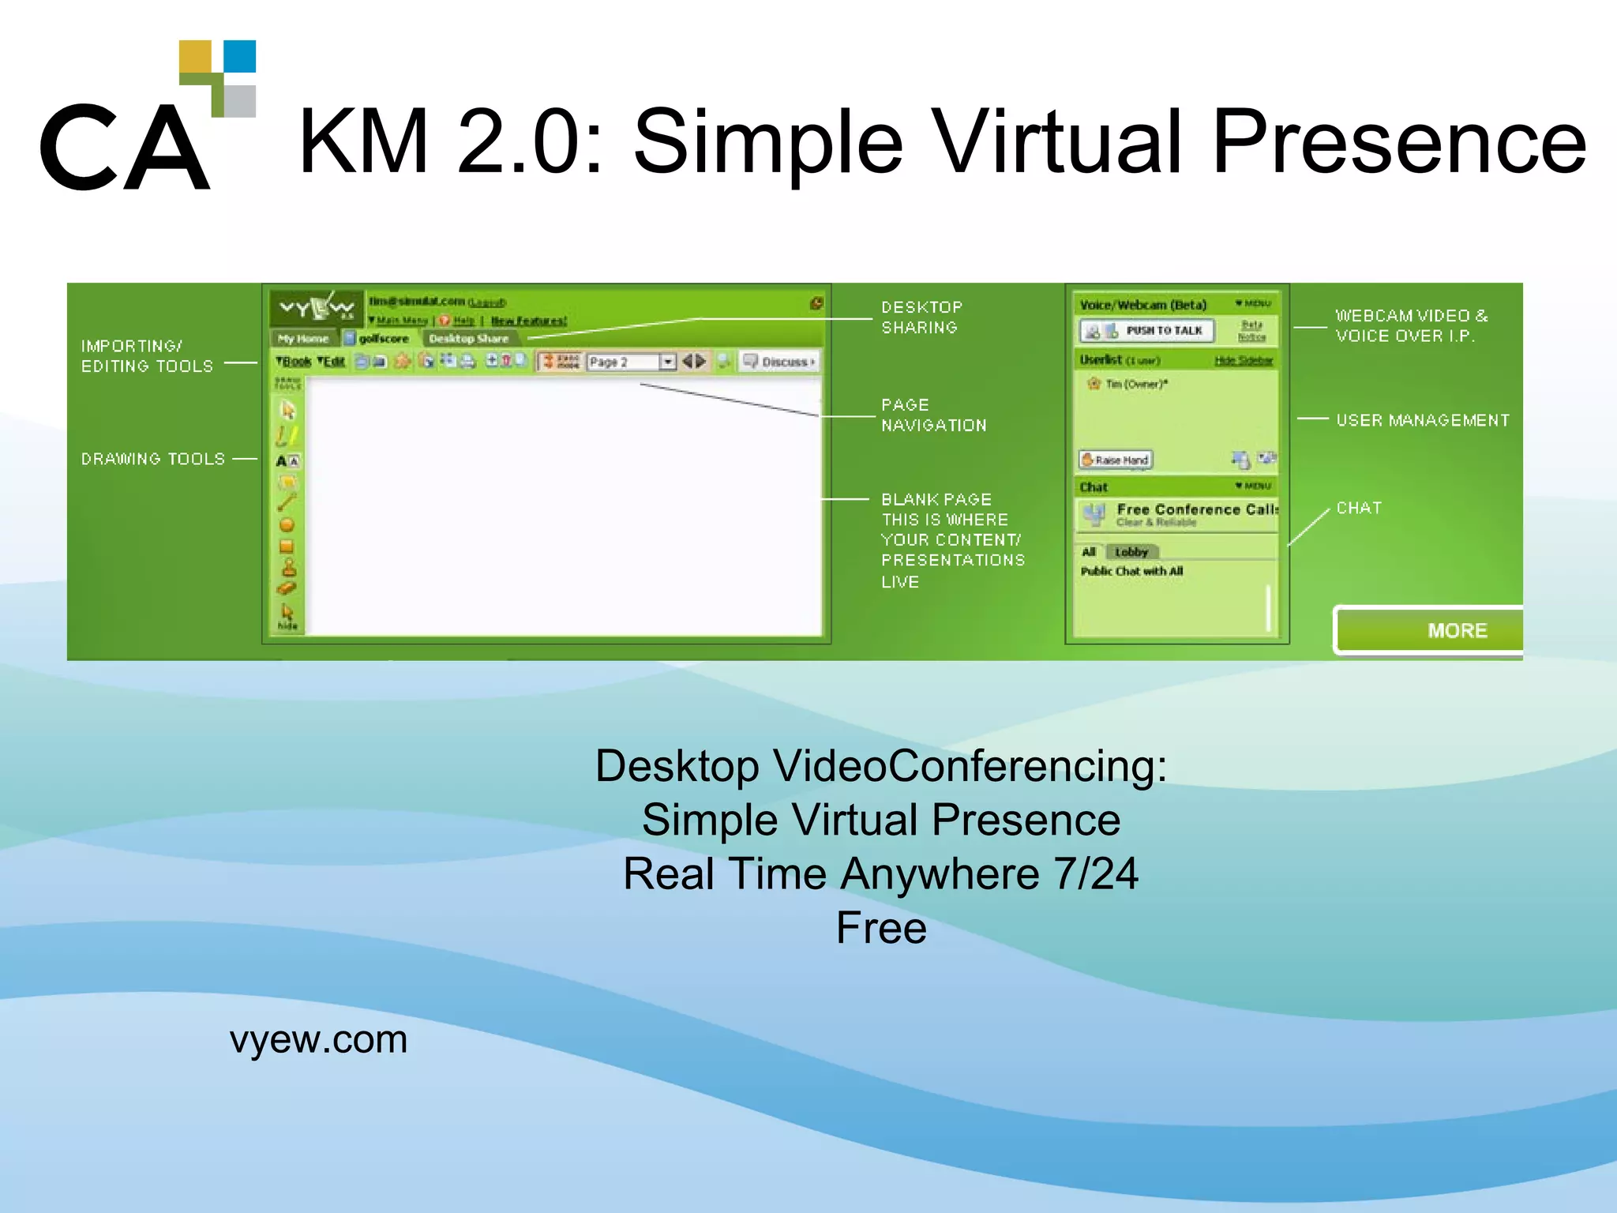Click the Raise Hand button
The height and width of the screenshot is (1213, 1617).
pos(1116,460)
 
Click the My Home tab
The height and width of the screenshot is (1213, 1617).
pos(303,338)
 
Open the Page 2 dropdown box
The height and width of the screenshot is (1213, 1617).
pos(667,362)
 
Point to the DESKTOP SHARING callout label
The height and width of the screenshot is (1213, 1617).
pos(921,317)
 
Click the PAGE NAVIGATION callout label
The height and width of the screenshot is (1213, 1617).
pos(933,415)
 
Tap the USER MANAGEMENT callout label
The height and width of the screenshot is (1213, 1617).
pos(1422,420)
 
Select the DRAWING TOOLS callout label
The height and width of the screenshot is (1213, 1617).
pos(153,459)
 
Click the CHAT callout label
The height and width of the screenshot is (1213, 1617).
pos(1358,508)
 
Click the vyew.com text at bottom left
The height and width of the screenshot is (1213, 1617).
pos(318,1039)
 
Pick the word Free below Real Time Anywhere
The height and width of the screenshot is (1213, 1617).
pos(880,928)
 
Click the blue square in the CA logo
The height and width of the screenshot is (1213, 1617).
pos(240,56)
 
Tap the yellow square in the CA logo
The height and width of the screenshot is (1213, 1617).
pos(195,56)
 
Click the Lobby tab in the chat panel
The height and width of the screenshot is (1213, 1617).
pos(1131,551)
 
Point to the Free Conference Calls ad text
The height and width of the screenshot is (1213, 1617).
pos(1195,509)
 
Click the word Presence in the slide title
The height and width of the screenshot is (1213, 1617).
pos(1398,142)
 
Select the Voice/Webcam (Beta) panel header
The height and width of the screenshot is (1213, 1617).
pos(1142,305)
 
